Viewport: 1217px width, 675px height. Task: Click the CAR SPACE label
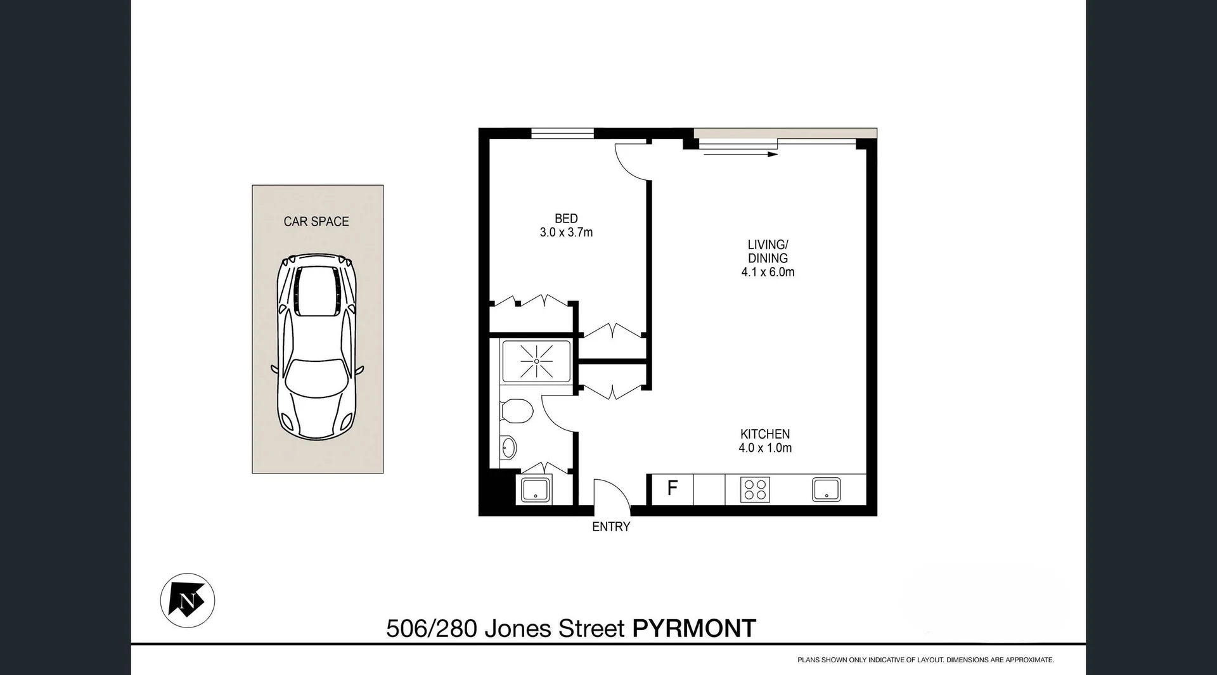[x=316, y=221]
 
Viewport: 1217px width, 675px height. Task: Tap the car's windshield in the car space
[x=316, y=376]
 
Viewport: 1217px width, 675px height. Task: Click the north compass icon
[x=187, y=600]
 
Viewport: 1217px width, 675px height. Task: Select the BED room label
[x=566, y=219]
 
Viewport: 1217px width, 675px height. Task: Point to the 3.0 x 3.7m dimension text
[x=566, y=233]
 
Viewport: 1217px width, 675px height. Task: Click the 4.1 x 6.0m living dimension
[x=768, y=272]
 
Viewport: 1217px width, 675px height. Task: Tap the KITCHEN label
[x=765, y=434]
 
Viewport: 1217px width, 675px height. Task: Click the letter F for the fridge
[x=673, y=488]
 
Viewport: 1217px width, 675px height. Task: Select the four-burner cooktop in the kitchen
[x=755, y=490]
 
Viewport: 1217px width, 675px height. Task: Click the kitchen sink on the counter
[x=827, y=490]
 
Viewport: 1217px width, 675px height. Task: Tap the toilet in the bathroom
[x=517, y=411]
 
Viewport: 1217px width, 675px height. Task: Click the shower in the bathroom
[x=536, y=361]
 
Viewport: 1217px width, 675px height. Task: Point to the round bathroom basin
[x=508, y=448]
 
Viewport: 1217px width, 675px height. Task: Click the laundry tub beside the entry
[x=536, y=490]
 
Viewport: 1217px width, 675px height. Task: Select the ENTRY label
[x=611, y=527]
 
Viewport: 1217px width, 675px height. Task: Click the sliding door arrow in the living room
[x=738, y=154]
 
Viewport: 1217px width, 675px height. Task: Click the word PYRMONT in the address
[x=694, y=629]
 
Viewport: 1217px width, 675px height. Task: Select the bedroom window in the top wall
[x=562, y=133]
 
